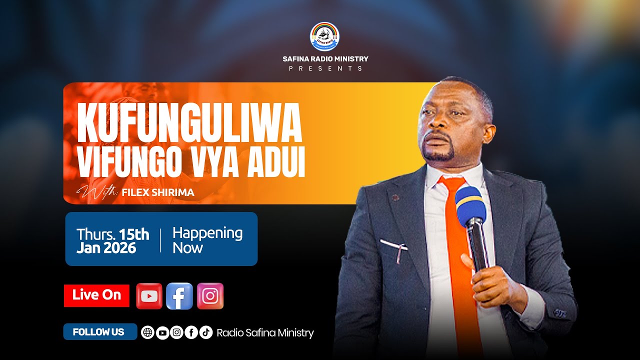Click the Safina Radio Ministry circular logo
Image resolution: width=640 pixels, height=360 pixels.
324,36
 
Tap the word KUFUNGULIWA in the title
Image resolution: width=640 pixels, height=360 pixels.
190,123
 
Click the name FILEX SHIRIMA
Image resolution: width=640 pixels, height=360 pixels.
157,192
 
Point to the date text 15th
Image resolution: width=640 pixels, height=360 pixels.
134,233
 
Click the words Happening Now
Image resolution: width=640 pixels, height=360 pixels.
207,240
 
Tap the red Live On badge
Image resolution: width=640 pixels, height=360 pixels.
96,295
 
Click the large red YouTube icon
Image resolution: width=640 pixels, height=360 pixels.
149,296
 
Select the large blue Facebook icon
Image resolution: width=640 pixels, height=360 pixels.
179,296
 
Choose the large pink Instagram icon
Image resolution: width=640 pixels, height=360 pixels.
210,296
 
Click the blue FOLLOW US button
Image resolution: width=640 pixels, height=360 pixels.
99,332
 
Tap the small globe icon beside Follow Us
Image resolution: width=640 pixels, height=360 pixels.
147,332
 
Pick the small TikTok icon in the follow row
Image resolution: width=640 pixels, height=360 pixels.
206,332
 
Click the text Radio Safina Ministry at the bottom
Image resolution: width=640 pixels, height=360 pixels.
265,333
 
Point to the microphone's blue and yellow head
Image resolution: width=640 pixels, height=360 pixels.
470,205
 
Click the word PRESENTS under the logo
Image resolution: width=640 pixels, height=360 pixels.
325,68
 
